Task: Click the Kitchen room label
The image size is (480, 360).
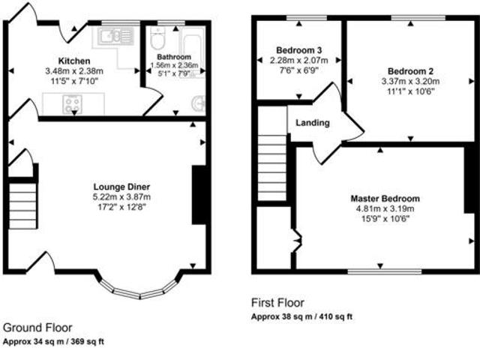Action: coord(74,60)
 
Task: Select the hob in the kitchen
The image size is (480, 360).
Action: coord(73,105)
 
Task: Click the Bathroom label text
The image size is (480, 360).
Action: coord(174,56)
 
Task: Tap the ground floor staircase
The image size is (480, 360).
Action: coord(22,202)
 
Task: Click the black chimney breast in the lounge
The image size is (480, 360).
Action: coord(200,194)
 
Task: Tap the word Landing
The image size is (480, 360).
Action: coord(313,123)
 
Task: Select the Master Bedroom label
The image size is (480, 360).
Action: coord(385,198)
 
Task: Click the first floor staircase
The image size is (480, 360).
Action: coord(274,165)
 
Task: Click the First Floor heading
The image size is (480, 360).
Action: coord(277,304)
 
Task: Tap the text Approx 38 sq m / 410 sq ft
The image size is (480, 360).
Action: coord(301,317)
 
